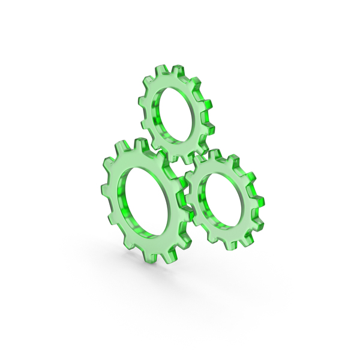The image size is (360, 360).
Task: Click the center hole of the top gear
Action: click(x=176, y=113)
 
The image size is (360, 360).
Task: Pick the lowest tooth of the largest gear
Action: click(x=155, y=259)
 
